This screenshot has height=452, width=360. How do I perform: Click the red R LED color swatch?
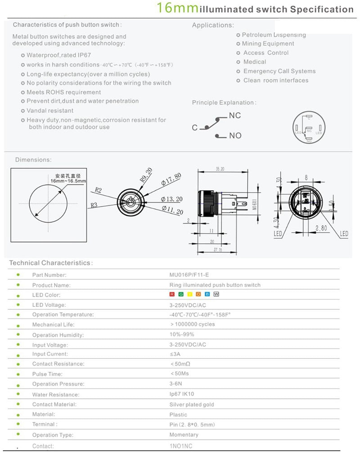tap(171, 294)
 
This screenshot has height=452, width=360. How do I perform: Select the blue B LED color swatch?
tap(207, 294)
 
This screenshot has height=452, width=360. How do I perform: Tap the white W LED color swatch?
tap(216, 294)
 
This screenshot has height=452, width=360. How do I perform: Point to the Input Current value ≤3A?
tap(175, 354)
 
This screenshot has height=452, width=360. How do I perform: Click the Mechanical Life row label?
tap(53, 324)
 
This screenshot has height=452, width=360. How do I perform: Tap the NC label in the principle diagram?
tap(235, 116)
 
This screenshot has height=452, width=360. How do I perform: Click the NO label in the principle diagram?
tap(235, 135)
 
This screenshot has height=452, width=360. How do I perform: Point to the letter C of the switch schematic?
tap(195, 128)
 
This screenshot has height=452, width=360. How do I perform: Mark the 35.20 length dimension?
tap(220, 170)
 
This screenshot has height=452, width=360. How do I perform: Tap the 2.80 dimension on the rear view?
tap(321, 228)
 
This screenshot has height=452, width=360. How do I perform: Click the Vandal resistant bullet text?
tap(50, 111)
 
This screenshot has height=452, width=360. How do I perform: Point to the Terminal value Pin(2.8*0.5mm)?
tap(192, 425)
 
